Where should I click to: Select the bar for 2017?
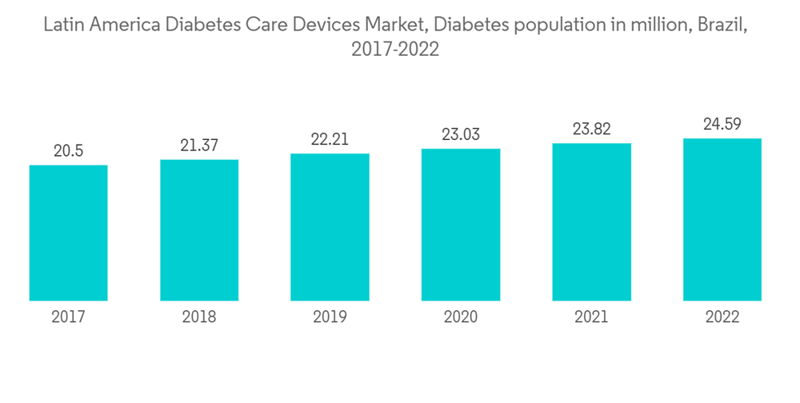[x=69, y=233]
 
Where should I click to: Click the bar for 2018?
[x=199, y=230]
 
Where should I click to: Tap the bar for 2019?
[x=330, y=227]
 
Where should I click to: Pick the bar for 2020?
[x=461, y=225]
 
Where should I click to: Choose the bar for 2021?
[x=591, y=222]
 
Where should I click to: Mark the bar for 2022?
[x=722, y=220]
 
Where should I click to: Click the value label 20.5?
[x=69, y=151]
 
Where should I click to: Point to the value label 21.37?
[x=199, y=146]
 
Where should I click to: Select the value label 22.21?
[x=330, y=140]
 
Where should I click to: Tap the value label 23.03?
[x=461, y=134]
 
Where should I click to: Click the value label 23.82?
[x=591, y=130]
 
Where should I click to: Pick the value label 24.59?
[x=722, y=124]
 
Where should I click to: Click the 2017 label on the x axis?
[x=69, y=317]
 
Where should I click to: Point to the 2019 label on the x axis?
[x=330, y=317]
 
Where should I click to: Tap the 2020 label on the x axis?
[x=461, y=317]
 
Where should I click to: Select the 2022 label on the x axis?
[x=722, y=317]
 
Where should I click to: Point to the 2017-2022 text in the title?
[x=395, y=50]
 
